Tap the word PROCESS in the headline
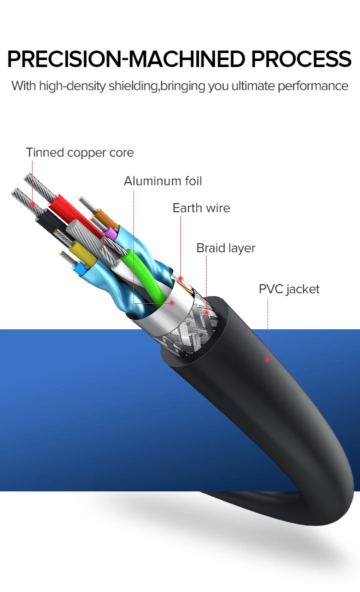click(301, 59)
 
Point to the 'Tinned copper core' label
click(80, 152)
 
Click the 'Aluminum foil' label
click(163, 181)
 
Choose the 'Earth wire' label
click(201, 208)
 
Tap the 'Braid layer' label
click(225, 248)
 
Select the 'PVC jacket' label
click(289, 289)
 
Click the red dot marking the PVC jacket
click(267, 359)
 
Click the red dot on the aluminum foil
click(171, 303)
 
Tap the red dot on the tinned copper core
click(32, 204)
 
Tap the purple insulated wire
click(111, 232)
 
